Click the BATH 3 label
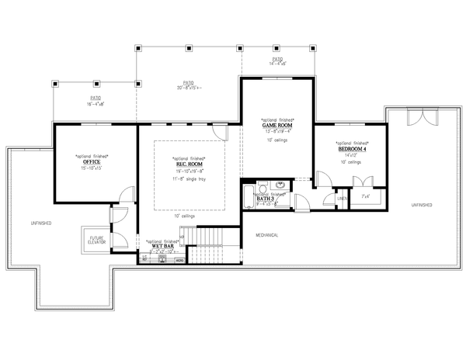coord(266,199)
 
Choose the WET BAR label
coord(163,246)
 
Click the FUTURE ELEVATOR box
coord(96,241)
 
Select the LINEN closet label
coord(341,199)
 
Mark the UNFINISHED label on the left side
coord(41,223)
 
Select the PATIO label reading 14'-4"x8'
coord(277,61)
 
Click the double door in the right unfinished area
coord(419,119)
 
